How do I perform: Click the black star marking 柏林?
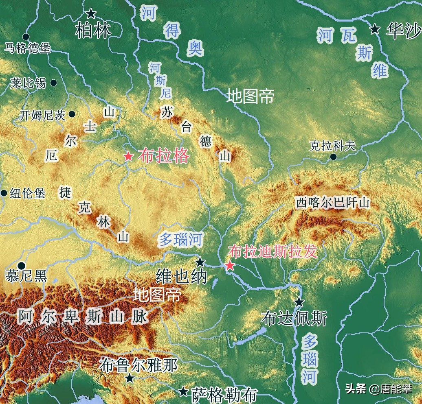[x=91, y=14]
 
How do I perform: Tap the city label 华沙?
[x=403, y=31]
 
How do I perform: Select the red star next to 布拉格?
[x=128, y=156]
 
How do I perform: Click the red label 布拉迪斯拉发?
[x=273, y=251]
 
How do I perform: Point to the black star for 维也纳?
[x=200, y=262]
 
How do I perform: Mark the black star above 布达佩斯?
[x=299, y=302]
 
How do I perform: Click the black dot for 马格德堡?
[x=26, y=37]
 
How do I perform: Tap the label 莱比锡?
[x=29, y=83]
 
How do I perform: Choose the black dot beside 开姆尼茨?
[x=72, y=114]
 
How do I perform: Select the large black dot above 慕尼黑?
[x=21, y=266]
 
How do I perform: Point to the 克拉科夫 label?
[x=332, y=146]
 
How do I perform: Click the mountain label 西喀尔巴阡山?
[x=332, y=203]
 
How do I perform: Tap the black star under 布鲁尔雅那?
[x=130, y=378]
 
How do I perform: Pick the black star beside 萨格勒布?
[x=184, y=392]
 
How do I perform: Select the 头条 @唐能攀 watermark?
[x=378, y=389]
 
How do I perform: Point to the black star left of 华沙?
[x=375, y=29]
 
